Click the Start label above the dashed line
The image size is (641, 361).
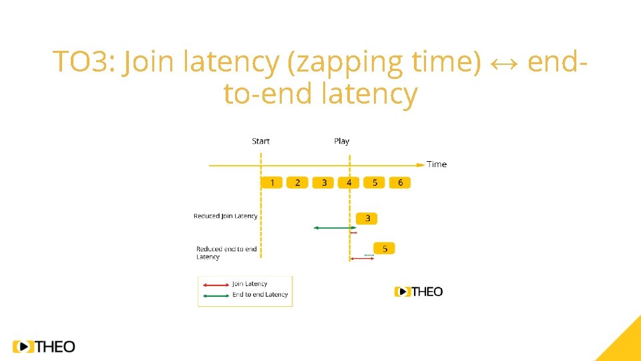260,141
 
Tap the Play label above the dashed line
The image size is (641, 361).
341,141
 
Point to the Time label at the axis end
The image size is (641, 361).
437,164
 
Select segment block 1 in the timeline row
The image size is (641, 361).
272,183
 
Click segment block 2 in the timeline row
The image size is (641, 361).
297,183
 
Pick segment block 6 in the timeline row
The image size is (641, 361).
400,183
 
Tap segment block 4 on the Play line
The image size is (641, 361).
349,183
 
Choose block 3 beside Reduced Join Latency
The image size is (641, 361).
367,219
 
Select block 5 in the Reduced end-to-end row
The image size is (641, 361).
385,248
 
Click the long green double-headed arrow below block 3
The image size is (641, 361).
335,228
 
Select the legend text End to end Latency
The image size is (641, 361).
260,295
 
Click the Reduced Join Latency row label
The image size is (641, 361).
225,216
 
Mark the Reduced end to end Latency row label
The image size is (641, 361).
226,253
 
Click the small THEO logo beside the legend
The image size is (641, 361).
419,291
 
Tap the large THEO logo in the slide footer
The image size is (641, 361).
44,346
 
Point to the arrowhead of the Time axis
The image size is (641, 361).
421,164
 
